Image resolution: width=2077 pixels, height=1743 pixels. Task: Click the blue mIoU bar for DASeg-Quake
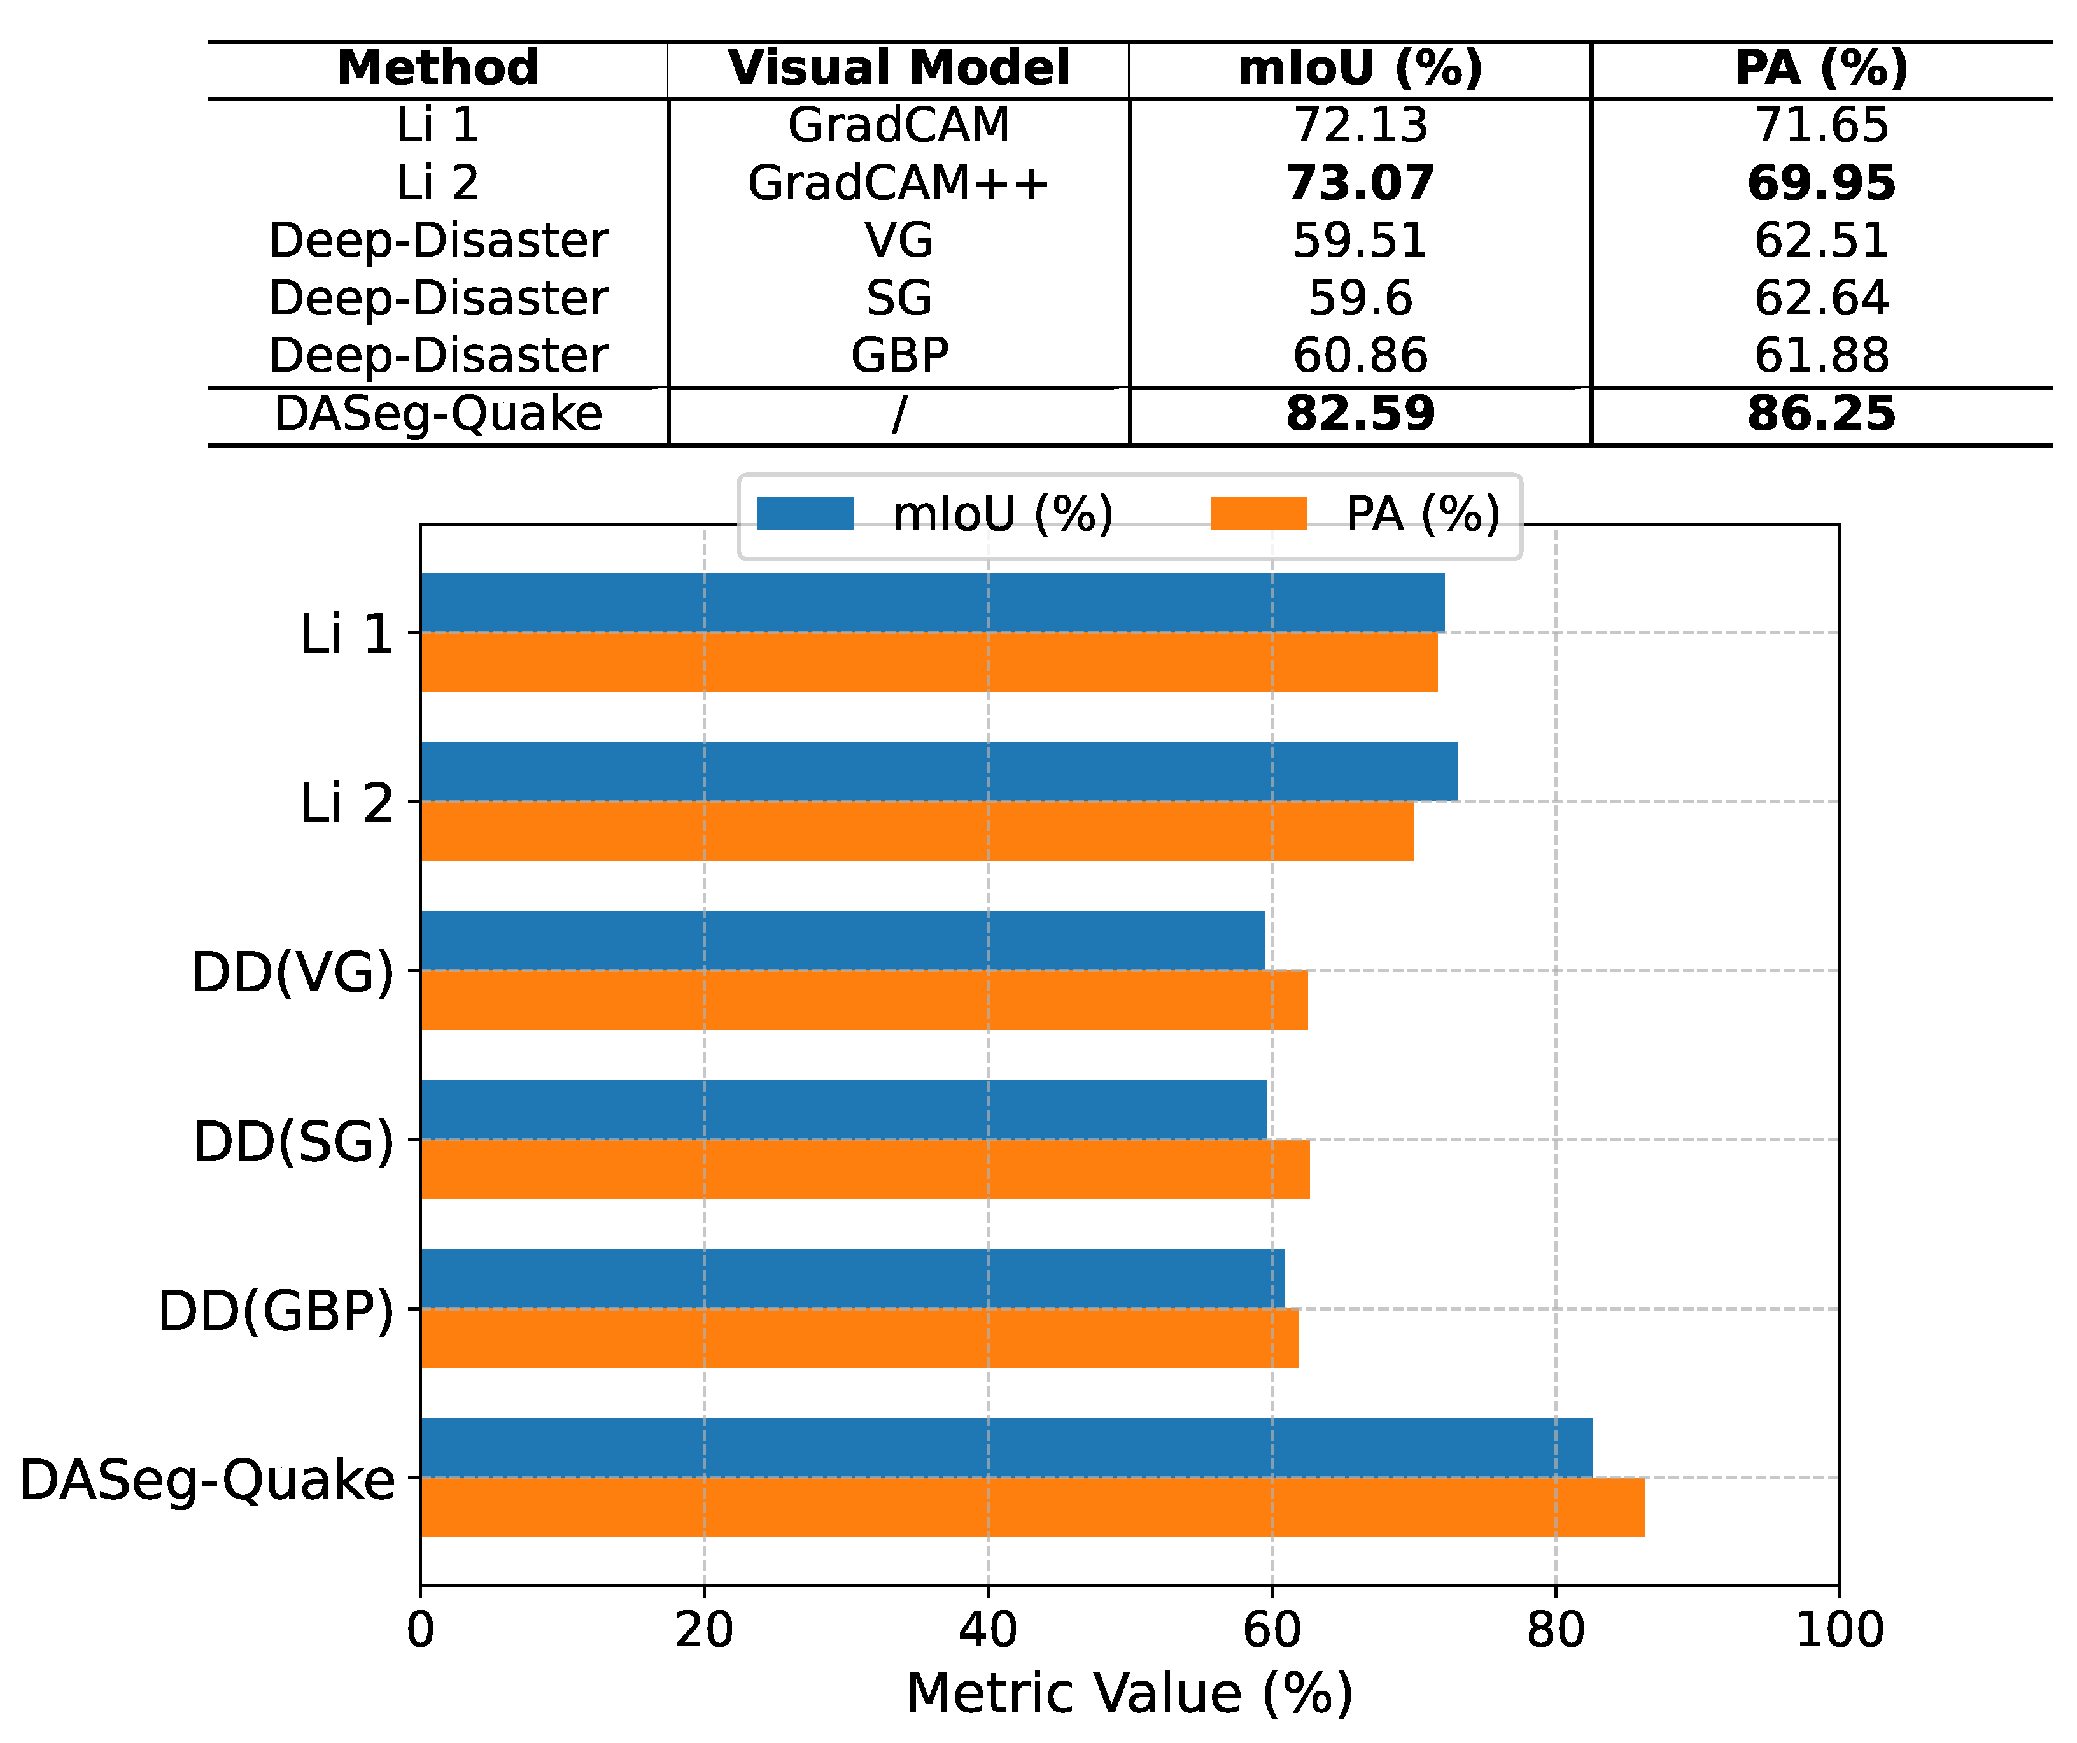1006,1447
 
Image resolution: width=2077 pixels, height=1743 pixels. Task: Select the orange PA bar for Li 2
916,831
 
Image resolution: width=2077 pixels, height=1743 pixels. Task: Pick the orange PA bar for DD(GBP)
859,1338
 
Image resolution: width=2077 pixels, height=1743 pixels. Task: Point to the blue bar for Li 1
932,602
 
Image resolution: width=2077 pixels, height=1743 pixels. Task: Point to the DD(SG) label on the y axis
293,1141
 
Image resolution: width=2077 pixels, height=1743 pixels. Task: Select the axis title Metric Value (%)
1129,1693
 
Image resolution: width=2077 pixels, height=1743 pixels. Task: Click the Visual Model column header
898,68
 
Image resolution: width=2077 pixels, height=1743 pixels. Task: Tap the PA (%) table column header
1821,68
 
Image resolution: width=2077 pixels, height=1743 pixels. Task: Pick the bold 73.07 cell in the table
1360,183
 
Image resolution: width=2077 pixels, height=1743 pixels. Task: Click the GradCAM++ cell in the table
898,183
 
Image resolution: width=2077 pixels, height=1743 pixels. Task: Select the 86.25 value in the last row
1821,414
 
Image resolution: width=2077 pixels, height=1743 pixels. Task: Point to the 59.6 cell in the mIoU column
1360,298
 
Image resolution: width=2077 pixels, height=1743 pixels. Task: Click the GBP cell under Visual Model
898,355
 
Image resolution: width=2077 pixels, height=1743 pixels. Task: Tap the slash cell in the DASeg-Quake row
898,414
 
